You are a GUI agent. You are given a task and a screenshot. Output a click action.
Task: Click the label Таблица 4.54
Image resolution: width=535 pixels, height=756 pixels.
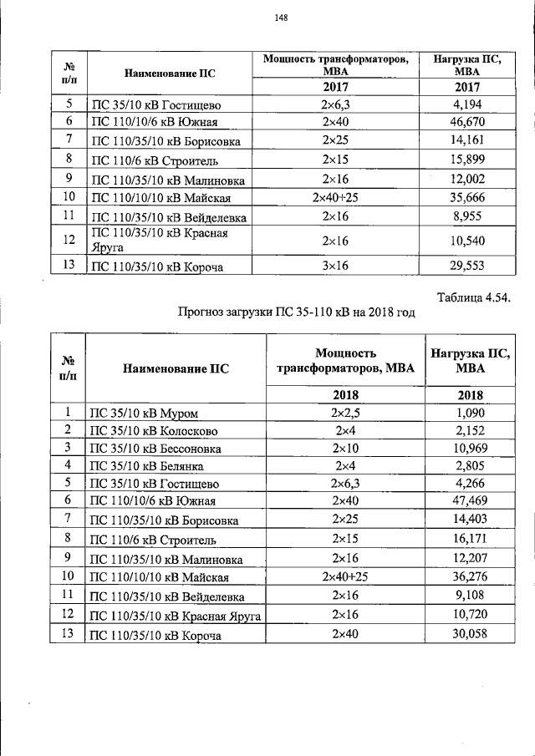click(x=474, y=297)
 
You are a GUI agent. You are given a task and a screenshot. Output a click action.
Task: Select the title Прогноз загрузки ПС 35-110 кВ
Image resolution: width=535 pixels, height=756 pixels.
click(x=297, y=312)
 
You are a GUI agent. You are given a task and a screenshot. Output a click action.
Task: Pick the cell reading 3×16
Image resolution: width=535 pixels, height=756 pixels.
click(x=334, y=266)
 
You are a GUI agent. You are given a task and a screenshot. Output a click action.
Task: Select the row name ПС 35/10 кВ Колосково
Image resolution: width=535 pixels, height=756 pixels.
click(x=154, y=431)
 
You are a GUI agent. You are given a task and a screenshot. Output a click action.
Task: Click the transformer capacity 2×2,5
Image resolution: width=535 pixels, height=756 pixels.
click(x=345, y=413)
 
